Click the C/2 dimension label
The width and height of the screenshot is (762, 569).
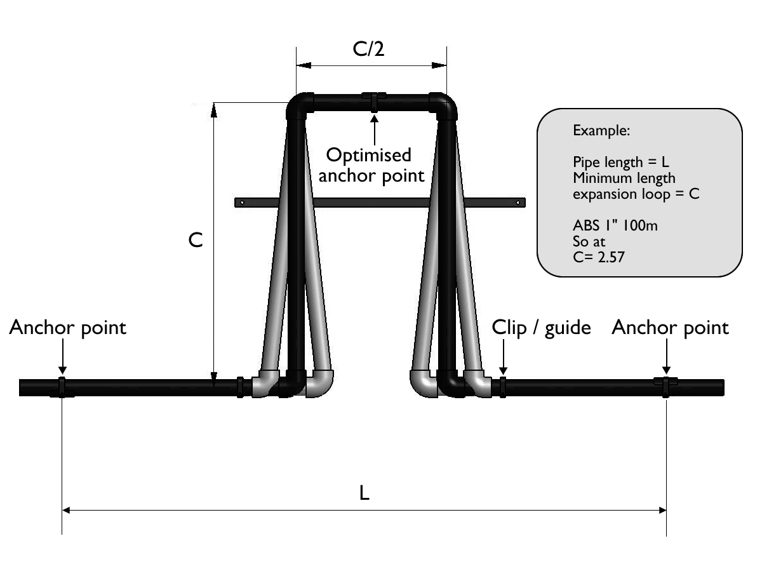[371, 50]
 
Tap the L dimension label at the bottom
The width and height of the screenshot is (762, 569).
[364, 493]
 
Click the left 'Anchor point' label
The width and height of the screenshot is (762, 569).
[68, 328]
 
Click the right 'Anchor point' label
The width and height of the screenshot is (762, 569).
[671, 328]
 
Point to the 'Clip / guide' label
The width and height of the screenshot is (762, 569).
[542, 328]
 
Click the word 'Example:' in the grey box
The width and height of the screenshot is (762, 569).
[601, 131]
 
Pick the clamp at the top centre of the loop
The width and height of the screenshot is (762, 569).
[374, 100]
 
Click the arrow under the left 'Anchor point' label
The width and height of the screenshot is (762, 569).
[62, 361]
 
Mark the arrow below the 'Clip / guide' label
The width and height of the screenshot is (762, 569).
[502, 361]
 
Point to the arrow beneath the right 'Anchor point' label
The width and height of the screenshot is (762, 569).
[665, 361]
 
